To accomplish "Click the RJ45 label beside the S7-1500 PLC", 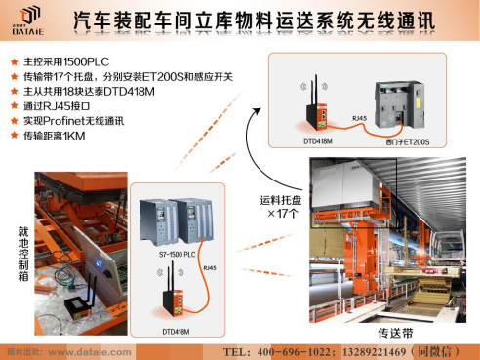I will pyautogui.click(x=208, y=265).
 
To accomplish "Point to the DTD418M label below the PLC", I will pyautogui.click(x=177, y=331).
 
